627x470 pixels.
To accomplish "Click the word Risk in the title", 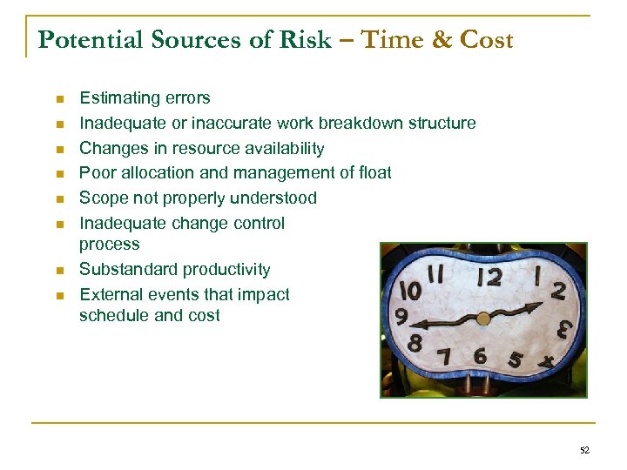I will coord(304,40).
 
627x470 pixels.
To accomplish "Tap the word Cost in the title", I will coord(486,40).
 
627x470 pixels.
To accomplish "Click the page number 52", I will coord(583,449).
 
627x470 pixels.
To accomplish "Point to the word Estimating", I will coord(119,98).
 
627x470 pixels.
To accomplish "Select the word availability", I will coord(282,148).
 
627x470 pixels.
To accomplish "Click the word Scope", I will coord(103,198).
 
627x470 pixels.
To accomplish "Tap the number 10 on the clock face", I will coord(408,288).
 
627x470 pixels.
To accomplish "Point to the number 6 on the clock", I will coord(479,354).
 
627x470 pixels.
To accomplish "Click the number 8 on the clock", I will coord(415,342).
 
